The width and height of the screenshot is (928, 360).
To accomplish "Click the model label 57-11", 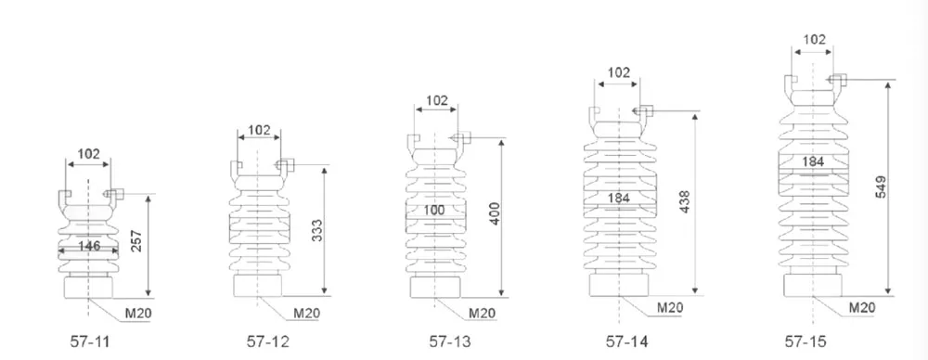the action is click(x=90, y=341).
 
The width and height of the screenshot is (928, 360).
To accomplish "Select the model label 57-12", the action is click(x=268, y=341).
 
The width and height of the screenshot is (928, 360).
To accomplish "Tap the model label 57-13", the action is click(x=450, y=341).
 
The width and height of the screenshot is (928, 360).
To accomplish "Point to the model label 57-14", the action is click(x=626, y=341).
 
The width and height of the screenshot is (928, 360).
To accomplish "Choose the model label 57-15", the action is click(x=806, y=341).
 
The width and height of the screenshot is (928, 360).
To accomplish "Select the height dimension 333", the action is click(x=316, y=231).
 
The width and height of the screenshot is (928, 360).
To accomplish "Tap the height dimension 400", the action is click(x=495, y=213).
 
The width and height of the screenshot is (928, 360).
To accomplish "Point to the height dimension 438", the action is click(x=686, y=202).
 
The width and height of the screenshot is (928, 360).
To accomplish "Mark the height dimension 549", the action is click(x=881, y=186).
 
